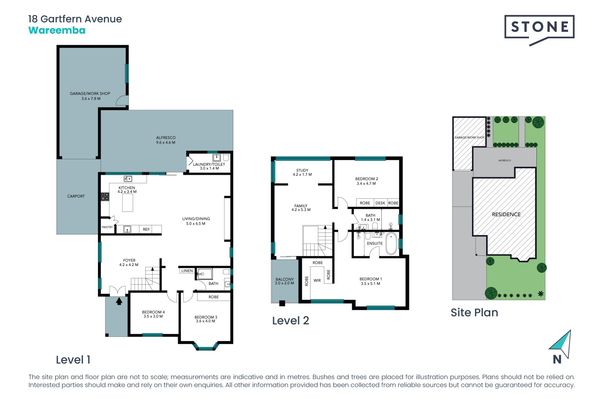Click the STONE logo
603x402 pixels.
539,30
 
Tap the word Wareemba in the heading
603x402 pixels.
57,30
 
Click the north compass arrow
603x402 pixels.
561,344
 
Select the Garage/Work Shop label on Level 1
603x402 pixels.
90,96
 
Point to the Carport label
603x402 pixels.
76,196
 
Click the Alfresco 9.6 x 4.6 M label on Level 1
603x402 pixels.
166,140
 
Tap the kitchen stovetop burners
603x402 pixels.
105,197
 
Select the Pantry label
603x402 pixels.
107,227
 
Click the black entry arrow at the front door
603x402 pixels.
119,301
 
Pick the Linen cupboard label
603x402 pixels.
187,271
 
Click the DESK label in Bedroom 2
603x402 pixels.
380,203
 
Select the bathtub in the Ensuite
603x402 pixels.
391,244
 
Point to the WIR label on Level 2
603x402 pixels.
317,280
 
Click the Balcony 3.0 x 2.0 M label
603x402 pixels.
285,281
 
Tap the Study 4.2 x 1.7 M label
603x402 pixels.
302,172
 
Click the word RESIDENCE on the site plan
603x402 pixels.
506,215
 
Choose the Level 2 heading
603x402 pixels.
291,321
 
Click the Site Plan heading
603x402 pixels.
475,312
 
